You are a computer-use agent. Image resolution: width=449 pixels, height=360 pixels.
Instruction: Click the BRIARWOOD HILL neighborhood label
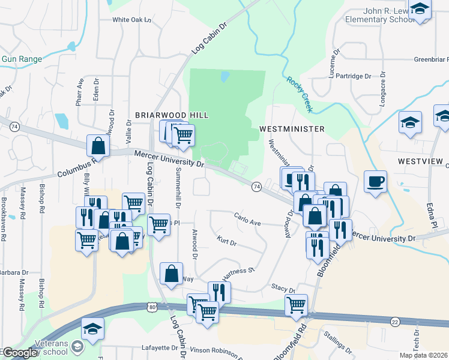click(x=171, y=115)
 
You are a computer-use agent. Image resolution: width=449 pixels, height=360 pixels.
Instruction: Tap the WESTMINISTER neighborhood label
click(x=292, y=129)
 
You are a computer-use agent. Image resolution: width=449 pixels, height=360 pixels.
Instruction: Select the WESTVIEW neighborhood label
click(x=420, y=162)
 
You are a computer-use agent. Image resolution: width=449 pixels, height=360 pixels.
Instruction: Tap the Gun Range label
click(x=22, y=59)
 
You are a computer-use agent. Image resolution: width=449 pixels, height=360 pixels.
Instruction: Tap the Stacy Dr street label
click(x=283, y=289)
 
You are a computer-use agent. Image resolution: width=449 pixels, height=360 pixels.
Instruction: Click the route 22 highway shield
click(x=395, y=322)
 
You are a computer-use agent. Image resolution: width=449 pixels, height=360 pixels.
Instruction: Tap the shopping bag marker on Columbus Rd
click(x=98, y=145)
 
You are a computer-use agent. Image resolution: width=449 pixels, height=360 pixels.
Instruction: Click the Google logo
click(x=20, y=353)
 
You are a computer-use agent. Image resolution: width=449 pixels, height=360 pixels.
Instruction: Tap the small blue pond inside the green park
click(x=225, y=77)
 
